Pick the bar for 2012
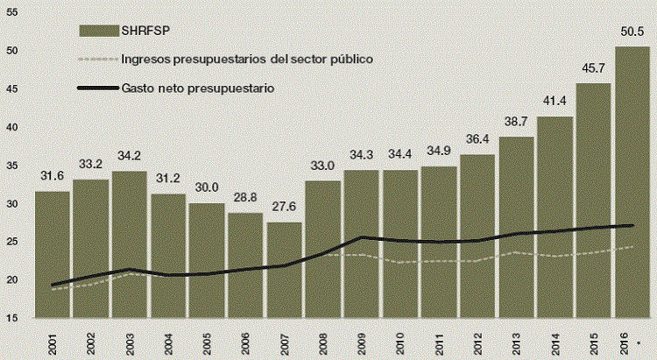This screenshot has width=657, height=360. click(x=477, y=236)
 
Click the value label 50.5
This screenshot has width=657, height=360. click(x=632, y=32)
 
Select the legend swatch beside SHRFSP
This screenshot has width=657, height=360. click(x=97, y=30)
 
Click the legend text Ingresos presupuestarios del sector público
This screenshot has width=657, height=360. click(x=248, y=59)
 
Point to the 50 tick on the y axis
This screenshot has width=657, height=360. click(x=11, y=51)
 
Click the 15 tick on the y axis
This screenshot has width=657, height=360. click(x=11, y=318)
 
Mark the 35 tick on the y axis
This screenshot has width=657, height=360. click(x=11, y=166)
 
